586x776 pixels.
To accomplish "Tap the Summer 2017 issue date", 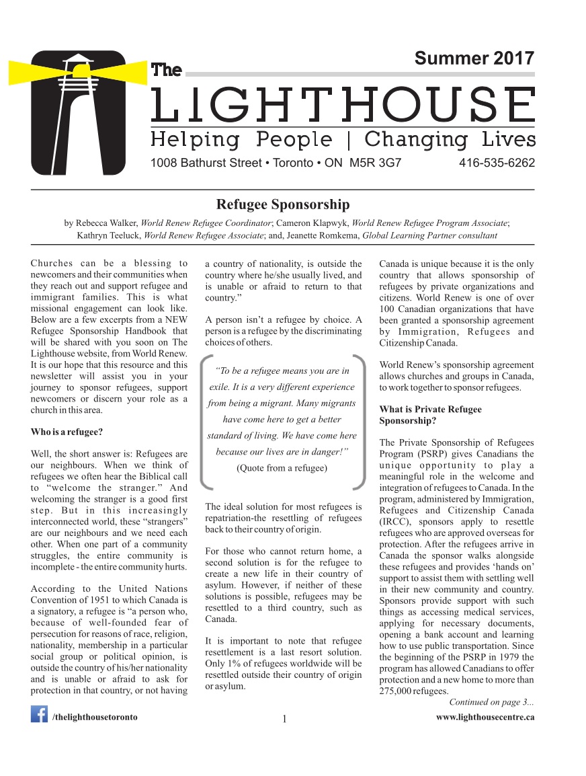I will (x=474, y=59).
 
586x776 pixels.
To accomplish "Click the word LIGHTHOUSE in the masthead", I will (x=343, y=106).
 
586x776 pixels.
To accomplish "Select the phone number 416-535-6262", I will (x=497, y=163).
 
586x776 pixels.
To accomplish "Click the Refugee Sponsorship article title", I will (x=282, y=204).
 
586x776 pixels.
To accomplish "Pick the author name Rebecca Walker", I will (x=106, y=223).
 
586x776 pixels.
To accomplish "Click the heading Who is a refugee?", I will (x=67, y=431).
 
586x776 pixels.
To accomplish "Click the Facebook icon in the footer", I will (x=39, y=713).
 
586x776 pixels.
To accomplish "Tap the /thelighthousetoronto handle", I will (x=95, y=717).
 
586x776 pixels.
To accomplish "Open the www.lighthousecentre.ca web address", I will (x=485, y=717).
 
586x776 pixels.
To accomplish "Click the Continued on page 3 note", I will (x=491, y=703).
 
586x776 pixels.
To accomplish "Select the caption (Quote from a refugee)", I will (x=282, y=468).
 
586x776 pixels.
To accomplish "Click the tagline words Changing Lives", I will (x=450, y=140).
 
